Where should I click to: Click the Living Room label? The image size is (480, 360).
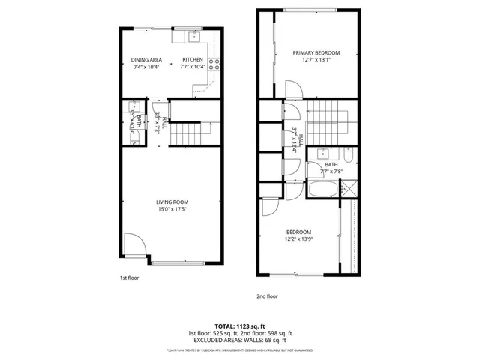(x=172, y=202)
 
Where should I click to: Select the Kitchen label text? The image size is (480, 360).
(x=193, y=59)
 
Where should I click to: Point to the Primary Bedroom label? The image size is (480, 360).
(x=316, y=52)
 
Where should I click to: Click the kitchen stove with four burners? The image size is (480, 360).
(x=214, y=64)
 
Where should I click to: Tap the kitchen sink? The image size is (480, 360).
(x=194, y=34)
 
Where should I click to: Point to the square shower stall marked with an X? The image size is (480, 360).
(x=348, y=189)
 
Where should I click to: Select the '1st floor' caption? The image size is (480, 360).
(x=130, y=277)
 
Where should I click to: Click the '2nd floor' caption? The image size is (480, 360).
(x=267, y=295)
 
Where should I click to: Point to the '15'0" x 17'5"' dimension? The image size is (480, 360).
(x=172, y=209)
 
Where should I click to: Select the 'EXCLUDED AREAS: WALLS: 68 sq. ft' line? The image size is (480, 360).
(x=239, y=339)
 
